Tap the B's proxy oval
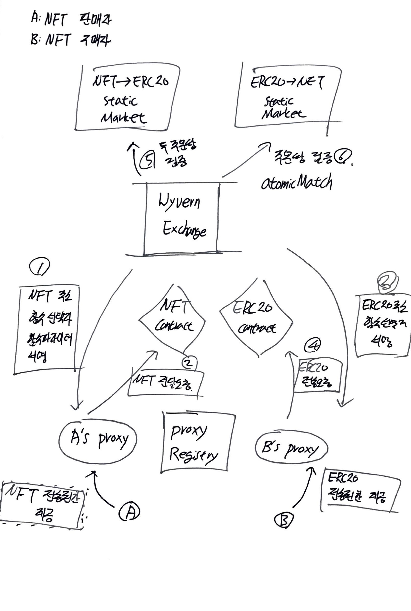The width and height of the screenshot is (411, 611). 291,448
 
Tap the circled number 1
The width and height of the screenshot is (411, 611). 39,267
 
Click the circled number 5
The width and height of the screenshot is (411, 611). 147,160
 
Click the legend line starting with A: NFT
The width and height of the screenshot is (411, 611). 71,20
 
